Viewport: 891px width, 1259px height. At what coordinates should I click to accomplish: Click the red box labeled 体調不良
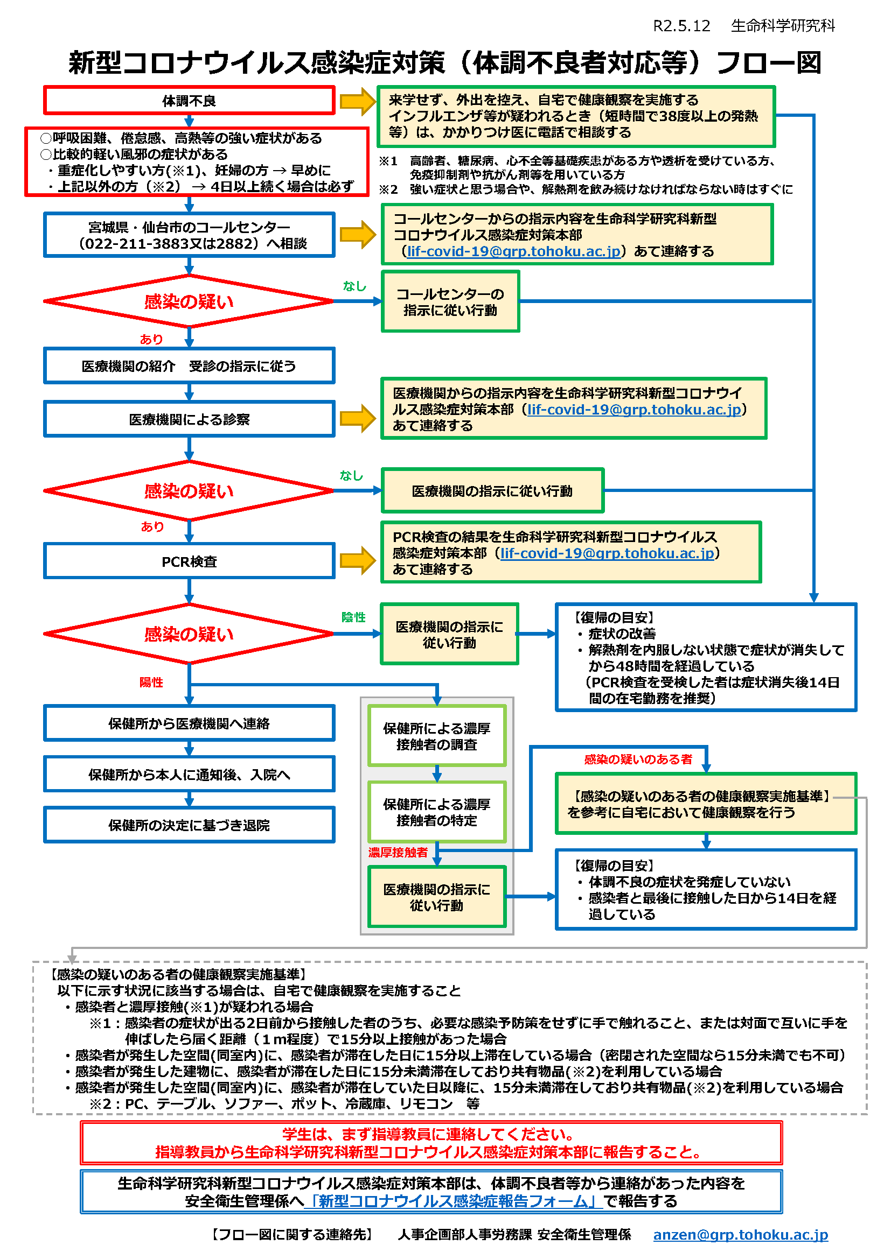pyautogui.click(x=189, y=101)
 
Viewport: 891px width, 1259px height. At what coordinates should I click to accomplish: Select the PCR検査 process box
pyautogui.click(x=189, y=561)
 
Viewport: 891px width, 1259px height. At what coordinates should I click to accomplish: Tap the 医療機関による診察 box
pyautogui.click(x=189, y=419)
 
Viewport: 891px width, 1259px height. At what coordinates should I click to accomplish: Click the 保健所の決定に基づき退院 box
pyautogui.click(x=189, y=825)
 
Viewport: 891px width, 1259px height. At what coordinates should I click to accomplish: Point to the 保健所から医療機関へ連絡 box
pyautogui.click(x=189, y=724)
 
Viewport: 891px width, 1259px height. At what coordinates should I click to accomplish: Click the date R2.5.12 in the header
pyautogui.click(x=681, y=26)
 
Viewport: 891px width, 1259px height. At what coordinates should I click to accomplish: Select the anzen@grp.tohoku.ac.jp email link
pyautogui.click(x=740, y=1234)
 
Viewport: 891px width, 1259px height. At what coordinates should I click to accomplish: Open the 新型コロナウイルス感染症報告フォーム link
pyautogui.click(x=453, y=1201)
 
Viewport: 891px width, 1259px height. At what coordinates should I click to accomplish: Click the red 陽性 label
pyautogui.click(x=151, y=682)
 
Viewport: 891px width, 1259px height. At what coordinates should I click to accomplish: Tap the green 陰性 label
pyautogui.click(x=353, y=617)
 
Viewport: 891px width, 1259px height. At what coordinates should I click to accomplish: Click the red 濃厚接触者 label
pyautogui.click(x=398, y=853)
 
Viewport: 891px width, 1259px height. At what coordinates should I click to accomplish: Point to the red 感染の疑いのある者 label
pyautogui.click(x=638, y=759)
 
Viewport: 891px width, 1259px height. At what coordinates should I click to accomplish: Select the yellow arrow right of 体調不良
pyautogui.click(x=357, y=101)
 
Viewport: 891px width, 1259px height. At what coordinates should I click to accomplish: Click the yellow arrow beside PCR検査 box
pyautogui.click(x=357, y=560)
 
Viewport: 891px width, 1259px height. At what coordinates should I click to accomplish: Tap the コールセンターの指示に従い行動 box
pyautogui.click(x=450, y=302)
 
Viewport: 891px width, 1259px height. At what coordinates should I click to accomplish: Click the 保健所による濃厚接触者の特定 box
pyautogui.click(x=437, y=812)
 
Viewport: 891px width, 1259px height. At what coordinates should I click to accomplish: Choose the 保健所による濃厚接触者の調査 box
pyautogui.click(x=437, y=736)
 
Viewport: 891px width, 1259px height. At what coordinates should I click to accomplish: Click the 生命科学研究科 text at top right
pyautogui.click(x=782, y=26)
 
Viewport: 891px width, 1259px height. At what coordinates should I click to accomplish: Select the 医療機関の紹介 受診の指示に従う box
pyautogui.click(x=189, y=365)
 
